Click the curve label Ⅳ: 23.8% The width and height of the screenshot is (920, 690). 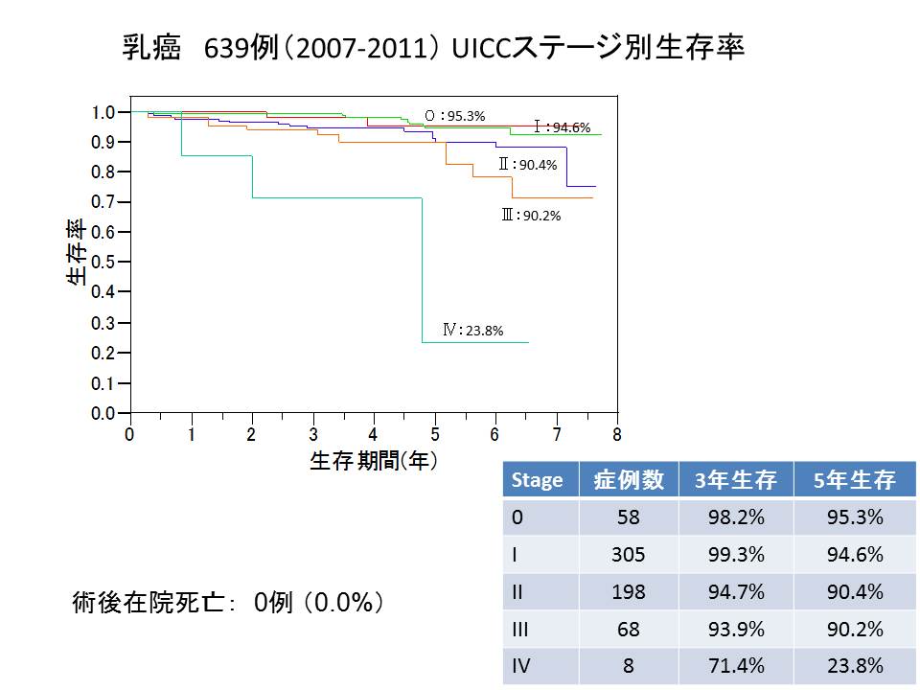(x=472, y=331)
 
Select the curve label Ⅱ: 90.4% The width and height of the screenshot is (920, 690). (x=527, y=165)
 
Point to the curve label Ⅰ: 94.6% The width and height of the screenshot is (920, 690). (x=563, y=126)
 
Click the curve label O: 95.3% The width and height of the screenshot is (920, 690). (x=455, y=116)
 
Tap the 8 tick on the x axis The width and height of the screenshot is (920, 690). (x=617, y=434)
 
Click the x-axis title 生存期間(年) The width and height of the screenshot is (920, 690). (x=374, y=461)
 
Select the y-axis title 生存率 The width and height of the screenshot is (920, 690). (x=76, y=254)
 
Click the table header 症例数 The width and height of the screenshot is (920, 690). (x=629, y=480)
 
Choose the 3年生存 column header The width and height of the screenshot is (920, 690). (x=735, y=480)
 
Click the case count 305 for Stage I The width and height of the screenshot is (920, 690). (x=629, y=554)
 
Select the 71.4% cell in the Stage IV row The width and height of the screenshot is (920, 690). (x=735, y=666)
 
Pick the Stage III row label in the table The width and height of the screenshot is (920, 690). (x=522, y=629)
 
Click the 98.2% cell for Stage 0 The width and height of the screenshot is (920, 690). (x=735, y=517)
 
